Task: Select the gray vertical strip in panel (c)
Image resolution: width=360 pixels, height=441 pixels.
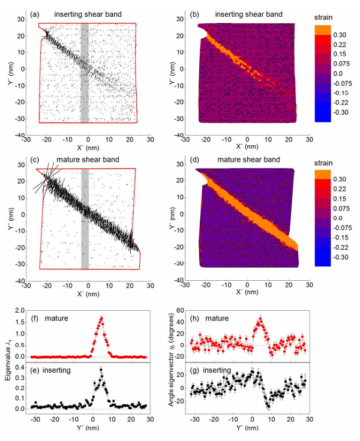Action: coord(85,219)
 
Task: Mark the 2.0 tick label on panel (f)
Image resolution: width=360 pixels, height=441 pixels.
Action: coord(23,310)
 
